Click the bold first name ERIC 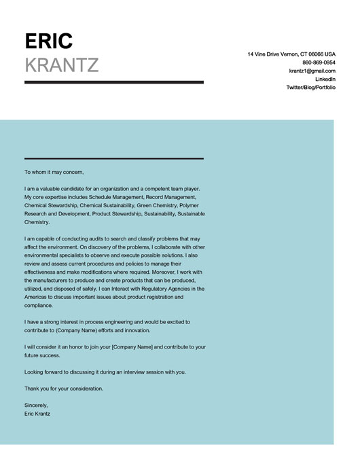point(48,41)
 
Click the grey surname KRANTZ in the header point(62,65)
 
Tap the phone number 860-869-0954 point(319,62)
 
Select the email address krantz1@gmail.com point(312,71)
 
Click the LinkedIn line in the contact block point(325,79)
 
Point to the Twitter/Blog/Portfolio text point(310,88)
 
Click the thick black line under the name point(113,82)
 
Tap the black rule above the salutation point(113,158)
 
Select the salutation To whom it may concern point(54,172)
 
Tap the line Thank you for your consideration point(64,389)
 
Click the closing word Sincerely point(37,405)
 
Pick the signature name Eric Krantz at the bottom point(37,413)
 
